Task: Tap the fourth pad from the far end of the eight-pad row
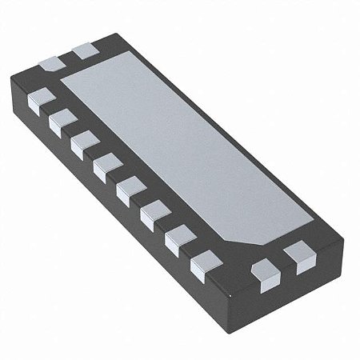[x=105, y=166]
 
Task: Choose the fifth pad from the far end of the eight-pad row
[x=129, y=190]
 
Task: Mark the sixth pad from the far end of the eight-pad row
[x=154, y=213]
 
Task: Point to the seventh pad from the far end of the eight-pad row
[x=179, y=237]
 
